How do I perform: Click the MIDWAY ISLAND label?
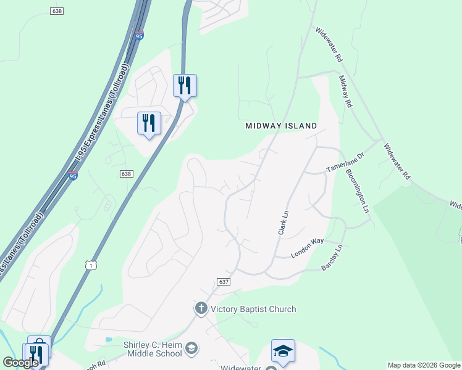coord(281,126)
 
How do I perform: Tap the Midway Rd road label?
coord(345,92)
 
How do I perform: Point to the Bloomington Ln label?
coord(358,191)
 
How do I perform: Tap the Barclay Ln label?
coord(332,259)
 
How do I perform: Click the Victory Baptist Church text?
coord(253,309)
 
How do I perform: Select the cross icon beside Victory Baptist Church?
coord(201,308)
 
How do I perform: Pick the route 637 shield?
coord(224,281)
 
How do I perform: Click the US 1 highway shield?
coord(91,265)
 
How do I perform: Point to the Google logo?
coord(20,363)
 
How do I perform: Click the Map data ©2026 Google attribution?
coord(423,365)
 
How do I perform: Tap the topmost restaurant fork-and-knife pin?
coord(184,85)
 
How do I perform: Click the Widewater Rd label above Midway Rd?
coord(329,45)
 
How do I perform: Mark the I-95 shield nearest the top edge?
coord(139,36)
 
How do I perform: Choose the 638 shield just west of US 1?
coord(126,174)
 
